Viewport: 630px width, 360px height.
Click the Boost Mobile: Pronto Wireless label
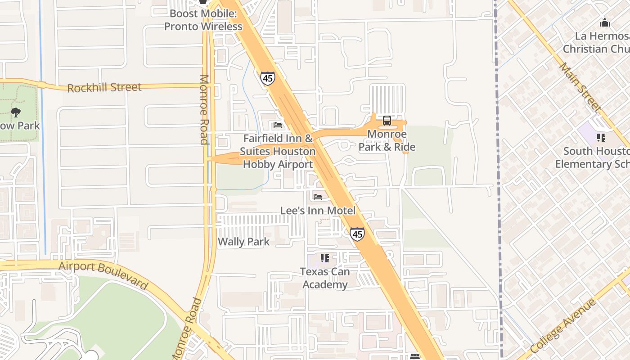pyautogui.click(x=203, y=20)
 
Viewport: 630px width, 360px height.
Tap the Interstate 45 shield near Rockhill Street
pyautogui.click(x=267, y=78)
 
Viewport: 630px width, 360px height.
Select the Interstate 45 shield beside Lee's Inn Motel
pyautogui.click(x=357, y=234)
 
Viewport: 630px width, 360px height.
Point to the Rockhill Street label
pyautogui.click(x=104, y=87)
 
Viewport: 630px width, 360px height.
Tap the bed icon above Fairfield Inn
pyautogui.click(x=278, y=125)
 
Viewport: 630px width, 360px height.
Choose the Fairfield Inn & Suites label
pyautogui.click(x=278, y=151)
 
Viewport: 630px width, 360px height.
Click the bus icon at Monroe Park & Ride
pyautogui.click(x=387, y=121)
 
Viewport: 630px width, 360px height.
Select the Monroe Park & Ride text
pyautogui.click(x=387, y=140)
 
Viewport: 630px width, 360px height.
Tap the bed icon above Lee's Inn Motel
pyautogui.click(x=318, y=197)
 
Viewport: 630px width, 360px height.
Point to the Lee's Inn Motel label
pyautogui.click(x=318, y=211)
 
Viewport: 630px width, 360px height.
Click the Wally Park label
pyautogui.click(x=243, y=242)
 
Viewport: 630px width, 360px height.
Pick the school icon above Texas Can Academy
pyautogui.click(x=324, y=258)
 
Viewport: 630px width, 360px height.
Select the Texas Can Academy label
pyautogui.click(x=325, y=278)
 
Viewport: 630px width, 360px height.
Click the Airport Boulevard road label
pyautogui.click(x=103, y=274)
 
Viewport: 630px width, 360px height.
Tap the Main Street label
pyautogui.click(x=580, y=87)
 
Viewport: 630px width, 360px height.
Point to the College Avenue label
pyautogui.click(x=563, y=326)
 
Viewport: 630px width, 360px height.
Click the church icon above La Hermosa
pyautogui.click(x=604, y=22)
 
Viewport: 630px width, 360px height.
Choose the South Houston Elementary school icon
pyautogui.click(x=601, y=137)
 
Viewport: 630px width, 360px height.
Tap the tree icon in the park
pyautogui.click(x=16, y=112)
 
